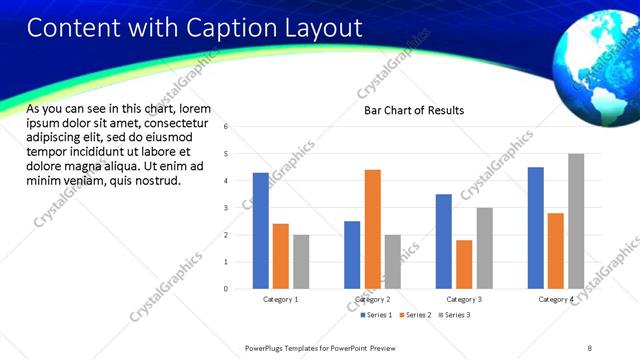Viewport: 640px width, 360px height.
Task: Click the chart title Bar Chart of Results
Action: coord(413,110)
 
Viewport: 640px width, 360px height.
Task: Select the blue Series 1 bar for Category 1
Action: coord(261,231)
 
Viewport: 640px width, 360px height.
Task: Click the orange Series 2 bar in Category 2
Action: coord(372,229)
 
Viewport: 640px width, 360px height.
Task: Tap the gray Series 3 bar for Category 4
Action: coord(576,221)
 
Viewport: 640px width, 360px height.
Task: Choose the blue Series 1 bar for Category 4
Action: coord(536,228)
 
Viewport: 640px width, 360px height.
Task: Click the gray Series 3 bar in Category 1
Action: coord(301,262)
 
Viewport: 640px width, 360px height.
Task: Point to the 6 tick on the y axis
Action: coord(226,127)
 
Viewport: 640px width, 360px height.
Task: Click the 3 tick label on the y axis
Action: coord(226,208)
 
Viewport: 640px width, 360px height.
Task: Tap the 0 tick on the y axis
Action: coord(226,289)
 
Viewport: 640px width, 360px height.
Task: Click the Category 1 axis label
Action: coord(281,300)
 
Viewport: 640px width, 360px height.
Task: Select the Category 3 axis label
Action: coord(464,300)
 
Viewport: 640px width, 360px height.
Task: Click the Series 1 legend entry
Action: coord(377,315)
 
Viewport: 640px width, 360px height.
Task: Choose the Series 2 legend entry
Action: coord(415,315)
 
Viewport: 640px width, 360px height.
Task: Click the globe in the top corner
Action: coord(596,57)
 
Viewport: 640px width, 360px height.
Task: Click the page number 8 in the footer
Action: coord(589,347)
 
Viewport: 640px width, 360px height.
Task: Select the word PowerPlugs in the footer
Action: coord(268,347)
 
